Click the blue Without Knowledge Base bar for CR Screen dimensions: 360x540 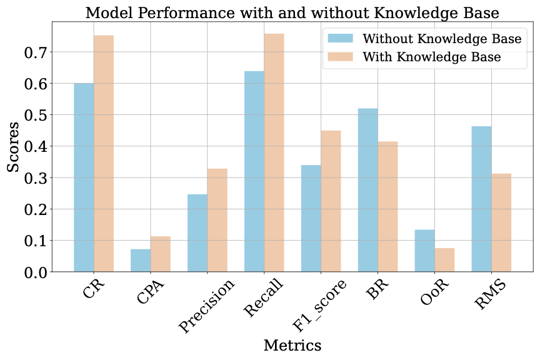click(84, 177)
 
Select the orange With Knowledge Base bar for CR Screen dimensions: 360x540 click(104, 154)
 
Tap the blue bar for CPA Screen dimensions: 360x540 click(141, 260)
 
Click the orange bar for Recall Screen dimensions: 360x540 click(274, 152)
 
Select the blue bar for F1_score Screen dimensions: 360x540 click(311, 218)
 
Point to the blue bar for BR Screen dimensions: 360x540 click(368, 190)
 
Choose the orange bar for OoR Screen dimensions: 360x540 click(445, 259)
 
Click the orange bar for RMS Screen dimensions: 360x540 click(501, 222)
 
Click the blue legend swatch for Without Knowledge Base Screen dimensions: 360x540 click(341, 39)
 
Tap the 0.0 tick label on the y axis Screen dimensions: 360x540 click(36, 272)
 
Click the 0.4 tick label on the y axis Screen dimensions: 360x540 click(36, 146)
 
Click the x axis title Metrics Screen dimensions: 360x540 click(292, 345)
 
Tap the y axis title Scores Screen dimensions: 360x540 click(14, 147)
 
